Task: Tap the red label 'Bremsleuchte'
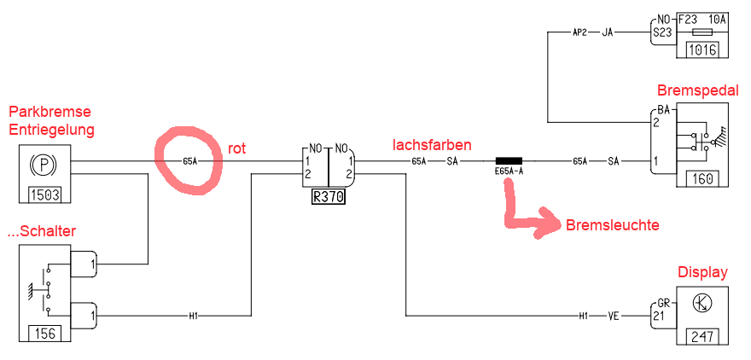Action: [611, 225]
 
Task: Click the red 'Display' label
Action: [702, 273]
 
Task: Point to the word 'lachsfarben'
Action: [432, 145]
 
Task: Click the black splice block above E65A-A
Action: [509, 160]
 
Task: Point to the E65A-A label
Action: [509, 172]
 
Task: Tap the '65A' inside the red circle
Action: [189, 160]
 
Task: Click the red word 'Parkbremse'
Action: [49, 113]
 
